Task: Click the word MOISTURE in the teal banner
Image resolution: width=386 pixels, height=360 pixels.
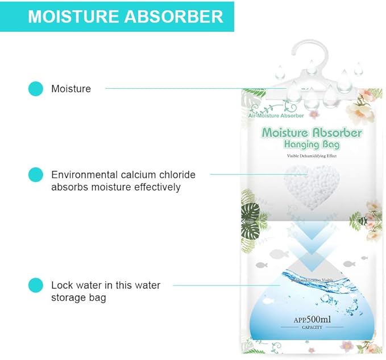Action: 73,16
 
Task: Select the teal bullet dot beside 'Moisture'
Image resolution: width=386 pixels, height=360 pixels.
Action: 35,88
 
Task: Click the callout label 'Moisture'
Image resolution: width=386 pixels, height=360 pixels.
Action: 71,88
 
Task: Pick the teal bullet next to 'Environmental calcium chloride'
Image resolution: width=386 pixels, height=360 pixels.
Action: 35,175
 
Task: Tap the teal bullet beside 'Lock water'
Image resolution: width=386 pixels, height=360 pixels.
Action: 35,285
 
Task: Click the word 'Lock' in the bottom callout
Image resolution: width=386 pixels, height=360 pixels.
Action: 62,285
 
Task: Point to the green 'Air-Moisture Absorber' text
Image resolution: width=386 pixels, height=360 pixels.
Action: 276,115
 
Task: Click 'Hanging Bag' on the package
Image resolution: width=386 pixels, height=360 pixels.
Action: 312,144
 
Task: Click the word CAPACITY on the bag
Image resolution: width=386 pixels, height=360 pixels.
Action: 311,328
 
